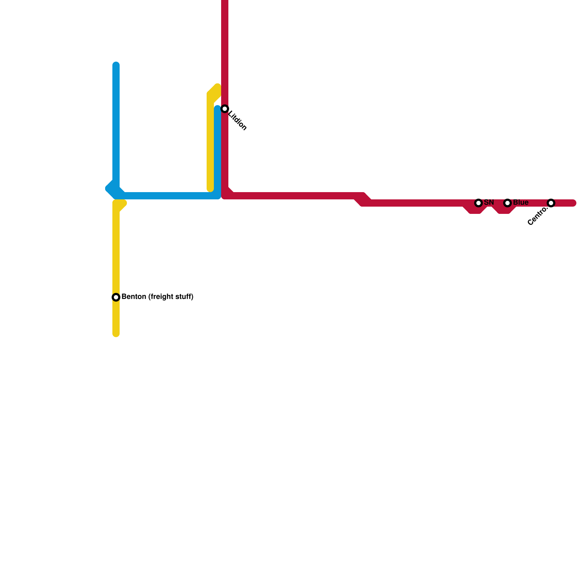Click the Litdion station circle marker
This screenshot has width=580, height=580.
click(225, 109)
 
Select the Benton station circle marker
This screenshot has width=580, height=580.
click(116, 297)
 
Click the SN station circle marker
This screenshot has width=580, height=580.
click(478, 203)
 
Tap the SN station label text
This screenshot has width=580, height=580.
click(489, 202)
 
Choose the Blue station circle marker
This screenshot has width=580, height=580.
click(507, 203)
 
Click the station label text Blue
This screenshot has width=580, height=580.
click(521, 202)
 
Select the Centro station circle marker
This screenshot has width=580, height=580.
click(551, 203)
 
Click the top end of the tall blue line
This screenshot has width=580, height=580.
click(116, 65)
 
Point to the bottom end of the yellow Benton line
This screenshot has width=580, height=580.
click(116, 333)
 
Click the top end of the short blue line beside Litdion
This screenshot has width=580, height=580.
click(217, 108)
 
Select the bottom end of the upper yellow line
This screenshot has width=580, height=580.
click(210, 188)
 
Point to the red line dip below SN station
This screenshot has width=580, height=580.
click(475, 210)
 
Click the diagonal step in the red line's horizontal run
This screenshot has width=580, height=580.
click(362, 199)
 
